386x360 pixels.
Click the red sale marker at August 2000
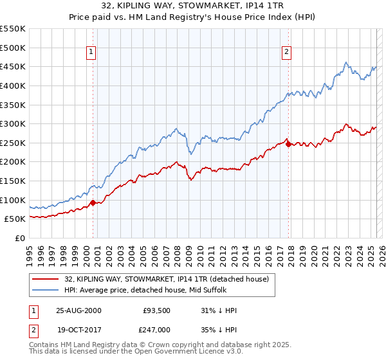point(93,203)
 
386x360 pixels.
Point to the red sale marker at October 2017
point(288,144)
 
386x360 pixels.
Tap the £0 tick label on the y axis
point(21,239)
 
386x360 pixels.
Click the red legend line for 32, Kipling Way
point(46,279)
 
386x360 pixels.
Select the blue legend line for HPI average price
point(46,290)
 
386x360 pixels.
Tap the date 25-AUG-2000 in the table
point(78,310)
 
